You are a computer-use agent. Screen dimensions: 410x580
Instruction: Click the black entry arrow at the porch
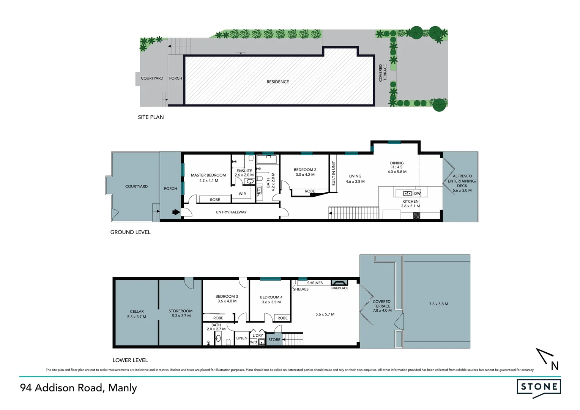[x=176, y=212]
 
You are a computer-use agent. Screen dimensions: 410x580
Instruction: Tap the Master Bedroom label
[x=208, y=175]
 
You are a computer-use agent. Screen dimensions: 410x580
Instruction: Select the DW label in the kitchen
[x=417, y=194]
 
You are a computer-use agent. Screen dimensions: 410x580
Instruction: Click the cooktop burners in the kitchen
[x=416, y=216]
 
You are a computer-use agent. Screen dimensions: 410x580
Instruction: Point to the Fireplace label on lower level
[x=339, y=288]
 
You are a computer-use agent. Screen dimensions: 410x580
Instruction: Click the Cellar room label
[x=137, y=311]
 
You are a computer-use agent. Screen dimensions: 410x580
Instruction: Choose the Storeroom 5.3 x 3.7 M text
[x=181, y=316]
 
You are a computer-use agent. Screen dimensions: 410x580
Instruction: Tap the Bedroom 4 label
[x=271, y=297]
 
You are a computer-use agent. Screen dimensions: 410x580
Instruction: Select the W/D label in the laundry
[x=253, y=342]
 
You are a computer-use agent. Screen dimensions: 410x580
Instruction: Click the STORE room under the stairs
[x=274, y=340]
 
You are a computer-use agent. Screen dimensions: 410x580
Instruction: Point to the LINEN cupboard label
[x=242, y=338]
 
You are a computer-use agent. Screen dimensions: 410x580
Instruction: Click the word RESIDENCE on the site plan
[x=277, y=82]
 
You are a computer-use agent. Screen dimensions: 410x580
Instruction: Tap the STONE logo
[x=539, y=387]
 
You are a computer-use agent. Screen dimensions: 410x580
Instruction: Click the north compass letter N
[x=555, y=366]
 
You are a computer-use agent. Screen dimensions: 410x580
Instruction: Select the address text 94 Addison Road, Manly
[x=79, y=388]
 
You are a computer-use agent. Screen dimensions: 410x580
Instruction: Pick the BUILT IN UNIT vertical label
[x=334, y=173]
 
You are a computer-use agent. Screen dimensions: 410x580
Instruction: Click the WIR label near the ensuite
[x=242, y=194]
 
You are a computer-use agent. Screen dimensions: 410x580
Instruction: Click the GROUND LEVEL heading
[x=130, y=232]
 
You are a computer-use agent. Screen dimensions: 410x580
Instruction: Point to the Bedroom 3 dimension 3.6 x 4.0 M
[x=227, y=301]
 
